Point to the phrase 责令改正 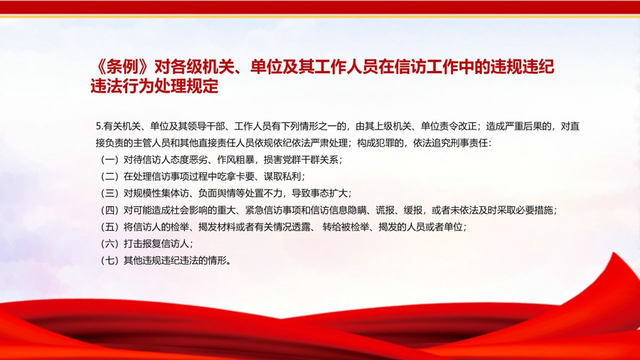[x=457, y=127]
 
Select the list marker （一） [x=110, y=160]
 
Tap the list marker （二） [x=110, y=176]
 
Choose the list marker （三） [x=110, y=194]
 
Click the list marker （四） [x=110, y=210]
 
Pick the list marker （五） [x=110, y=227]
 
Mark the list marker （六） [x=110, y=243]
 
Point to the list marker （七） [x=110, y=260]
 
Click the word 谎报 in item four [x=385, y=210]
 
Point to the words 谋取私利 [x=282, y=176]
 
